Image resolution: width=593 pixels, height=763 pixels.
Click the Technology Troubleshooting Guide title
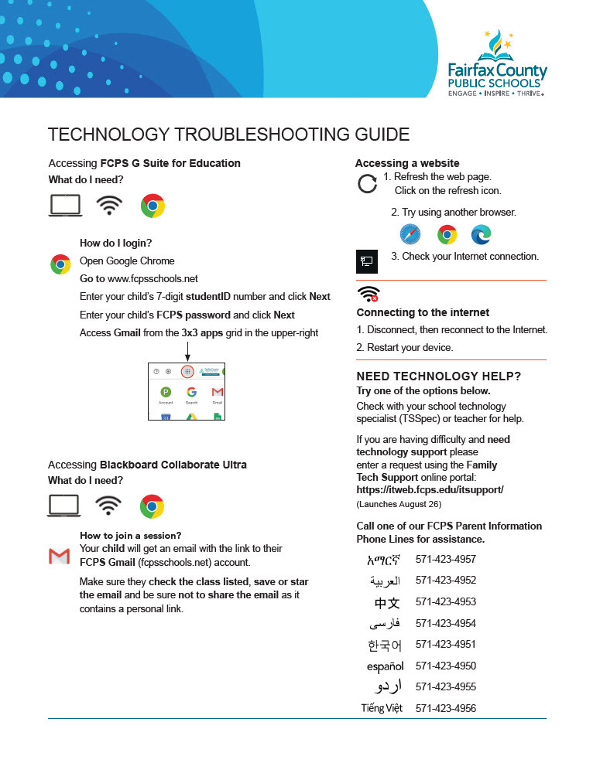pos(228,135)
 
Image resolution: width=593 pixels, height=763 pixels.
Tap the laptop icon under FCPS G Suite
pos(65,206)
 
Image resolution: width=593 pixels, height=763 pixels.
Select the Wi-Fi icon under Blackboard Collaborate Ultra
pos(108,506)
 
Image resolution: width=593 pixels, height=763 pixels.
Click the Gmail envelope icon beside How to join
pos(60,555)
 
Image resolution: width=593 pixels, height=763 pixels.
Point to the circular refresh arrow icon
pos(367,184)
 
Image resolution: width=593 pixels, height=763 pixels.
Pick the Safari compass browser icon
pos(410,234)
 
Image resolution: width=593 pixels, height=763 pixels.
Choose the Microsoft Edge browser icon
pos(481,234)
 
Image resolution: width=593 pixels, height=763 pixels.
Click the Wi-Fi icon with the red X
pos(368,295)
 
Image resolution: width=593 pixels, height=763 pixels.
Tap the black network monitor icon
pos(367,261)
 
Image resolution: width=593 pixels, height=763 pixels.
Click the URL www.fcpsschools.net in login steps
pos(153,278)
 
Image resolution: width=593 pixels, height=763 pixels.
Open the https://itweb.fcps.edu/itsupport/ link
pos(430,489)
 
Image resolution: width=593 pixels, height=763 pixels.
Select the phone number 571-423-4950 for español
pos(446,666)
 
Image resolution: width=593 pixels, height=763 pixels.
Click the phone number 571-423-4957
pos(446,559)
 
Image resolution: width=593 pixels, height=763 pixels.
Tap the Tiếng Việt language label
pos(382,708)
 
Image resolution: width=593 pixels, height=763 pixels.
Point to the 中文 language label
pos(387,602)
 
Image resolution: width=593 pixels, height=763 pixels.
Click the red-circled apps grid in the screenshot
pos(187,372)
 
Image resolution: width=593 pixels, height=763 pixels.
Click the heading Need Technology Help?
pos(438,376)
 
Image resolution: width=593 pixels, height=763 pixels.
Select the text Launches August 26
pos(399,504)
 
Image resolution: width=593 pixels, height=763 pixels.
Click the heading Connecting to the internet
pos(423,312)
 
